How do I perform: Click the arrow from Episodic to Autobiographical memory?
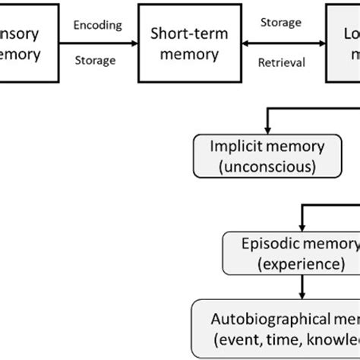[x=304, y=288]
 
